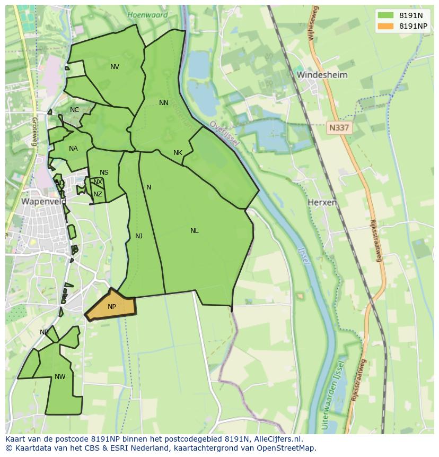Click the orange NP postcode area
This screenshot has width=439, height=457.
[x=112, y=307]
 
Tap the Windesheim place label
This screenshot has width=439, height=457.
[x=322, y=75]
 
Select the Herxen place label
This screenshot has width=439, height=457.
[x=322, y=203]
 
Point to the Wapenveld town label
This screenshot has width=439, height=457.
[x=43, y=202]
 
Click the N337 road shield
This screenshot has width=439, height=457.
[x=339, y=128]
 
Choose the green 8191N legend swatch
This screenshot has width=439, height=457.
[x=385, y=15]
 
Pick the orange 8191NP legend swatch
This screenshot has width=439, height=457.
[x=385, y=26]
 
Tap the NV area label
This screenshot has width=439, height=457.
[x=115, y=67]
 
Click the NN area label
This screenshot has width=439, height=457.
[x=163, y=103]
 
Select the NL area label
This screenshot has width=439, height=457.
[x=195, y=231]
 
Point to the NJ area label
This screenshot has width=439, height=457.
[x=139, y=236]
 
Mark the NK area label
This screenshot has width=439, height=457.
[x=178, y=153]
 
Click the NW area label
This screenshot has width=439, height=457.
[x=60, y=377]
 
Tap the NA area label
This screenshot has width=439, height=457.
[x=73, y=149]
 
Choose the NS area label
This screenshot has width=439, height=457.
[x=104, y=173]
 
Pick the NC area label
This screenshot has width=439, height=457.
[x=74, y=110]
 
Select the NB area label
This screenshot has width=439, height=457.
[x=44, y=332]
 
